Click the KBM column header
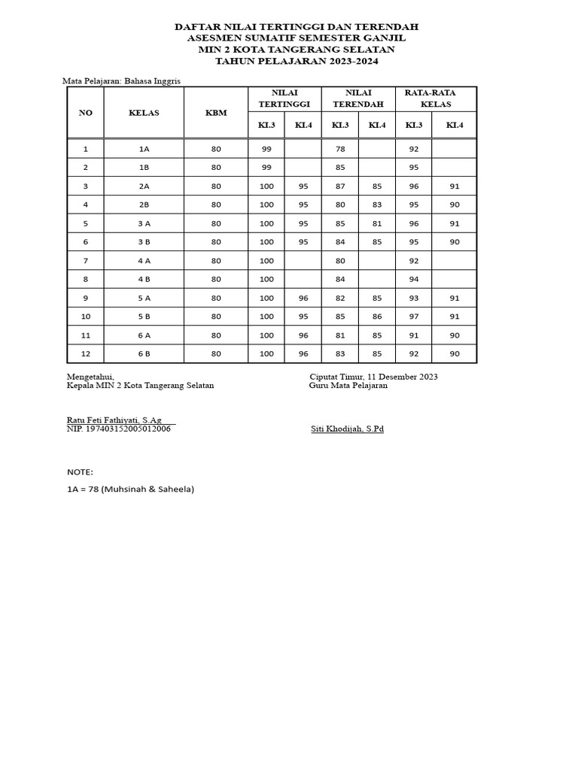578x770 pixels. pyautogui.click(x=216, y=113)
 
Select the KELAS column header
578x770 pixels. pyautogui.click(x=144, y=113)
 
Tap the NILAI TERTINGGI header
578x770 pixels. pyautogui.click(x=284, y=98)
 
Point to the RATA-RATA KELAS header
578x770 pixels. pyautogui.click(x=436, y=98)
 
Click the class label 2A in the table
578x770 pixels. pyautogui.click(x=144, y=186)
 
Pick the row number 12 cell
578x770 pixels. pyautogui.click(x=86, y=353)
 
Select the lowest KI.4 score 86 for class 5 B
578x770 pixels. pyautogui.click(x=377, y=317)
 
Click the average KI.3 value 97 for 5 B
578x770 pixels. pyautogui.click(x=413, y=317)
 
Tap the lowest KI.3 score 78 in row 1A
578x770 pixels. pyautogui.click(x=340, y=149)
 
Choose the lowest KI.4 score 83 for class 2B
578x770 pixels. pyautogui.click(x=377, y=205)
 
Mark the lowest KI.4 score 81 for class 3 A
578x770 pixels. pyautogui.click(x=377, y=223)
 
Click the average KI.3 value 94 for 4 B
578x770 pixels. pyautogui.click(x=413, y=279)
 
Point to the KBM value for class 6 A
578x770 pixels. pyautogui.click(x=216, y=335)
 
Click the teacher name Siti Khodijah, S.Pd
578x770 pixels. pyautogui.click(x=347, y=429)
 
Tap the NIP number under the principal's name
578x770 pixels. pyautogui.click(x=118, y=429)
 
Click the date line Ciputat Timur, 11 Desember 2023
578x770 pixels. pyautogui.click(x=373, y=377)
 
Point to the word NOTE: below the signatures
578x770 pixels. pyautogui.click(x=81, y=472)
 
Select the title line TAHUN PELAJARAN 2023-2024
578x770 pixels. pyautogui.click(x=297, y=61)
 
